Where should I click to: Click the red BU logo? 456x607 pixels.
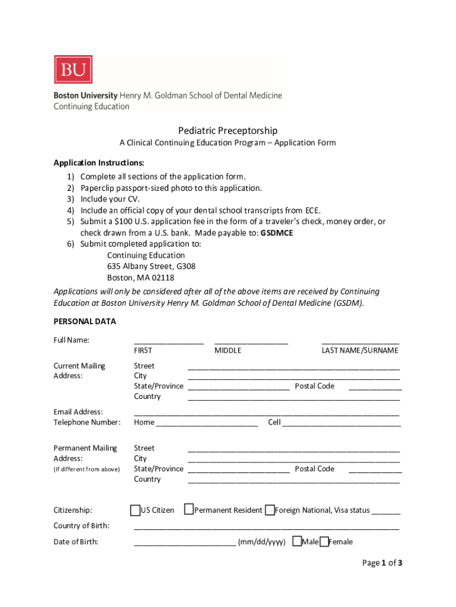click(73, 70)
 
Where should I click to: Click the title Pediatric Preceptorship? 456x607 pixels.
click(228, 130)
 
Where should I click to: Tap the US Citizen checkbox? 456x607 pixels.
click(134, 510)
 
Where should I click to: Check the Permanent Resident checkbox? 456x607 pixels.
click(188, 510)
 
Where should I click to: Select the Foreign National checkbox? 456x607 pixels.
click(269, 510)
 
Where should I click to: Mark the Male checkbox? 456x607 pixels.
click(297, 542)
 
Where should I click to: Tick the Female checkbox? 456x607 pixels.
click(323, 542)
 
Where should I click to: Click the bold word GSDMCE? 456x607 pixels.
click(277, 233)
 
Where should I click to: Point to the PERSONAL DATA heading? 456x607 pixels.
click(85, 321)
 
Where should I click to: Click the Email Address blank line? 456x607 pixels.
click(266, 413)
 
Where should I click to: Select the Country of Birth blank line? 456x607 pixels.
click(266, 527)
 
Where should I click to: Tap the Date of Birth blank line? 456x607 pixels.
click(185, 542)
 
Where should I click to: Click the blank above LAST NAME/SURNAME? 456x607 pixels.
click(360, 341)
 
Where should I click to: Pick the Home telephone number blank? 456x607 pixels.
click(207, 424)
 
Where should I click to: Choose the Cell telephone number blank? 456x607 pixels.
click(342, 424)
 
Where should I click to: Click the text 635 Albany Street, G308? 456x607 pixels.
click(151, 266)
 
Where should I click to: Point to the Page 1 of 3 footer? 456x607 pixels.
click(382, 563)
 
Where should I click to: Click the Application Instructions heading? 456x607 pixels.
click(99, 162)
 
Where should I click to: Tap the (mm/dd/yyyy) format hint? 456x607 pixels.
click(262, 542)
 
